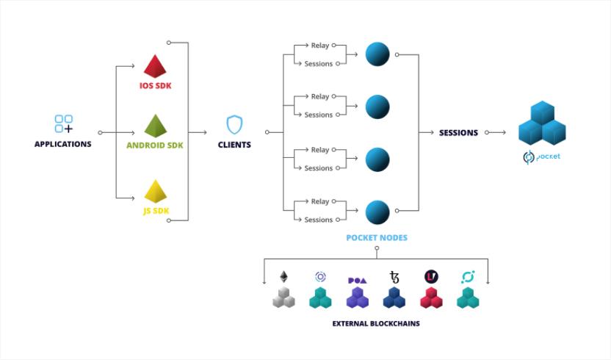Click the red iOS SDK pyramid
coord(155,66)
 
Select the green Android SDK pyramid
coord(155,126)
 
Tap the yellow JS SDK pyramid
coord(155,192)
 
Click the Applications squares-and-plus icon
coord(64,124)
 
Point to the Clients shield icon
coord(234,124)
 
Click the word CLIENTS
coord(234,145)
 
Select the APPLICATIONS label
coord(63,144)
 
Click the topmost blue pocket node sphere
coord(377,54)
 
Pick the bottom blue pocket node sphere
coord(377,212)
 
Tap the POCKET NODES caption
coord(377,238)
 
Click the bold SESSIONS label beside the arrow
coord(458,133)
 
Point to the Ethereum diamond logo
coord(283,277)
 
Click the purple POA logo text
coord(357,280)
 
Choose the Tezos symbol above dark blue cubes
coord(394,278)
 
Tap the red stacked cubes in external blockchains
coord(431,298)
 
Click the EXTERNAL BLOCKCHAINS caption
coord(376,323)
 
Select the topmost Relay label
coord(320,45)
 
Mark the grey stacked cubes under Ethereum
coord(283,298)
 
